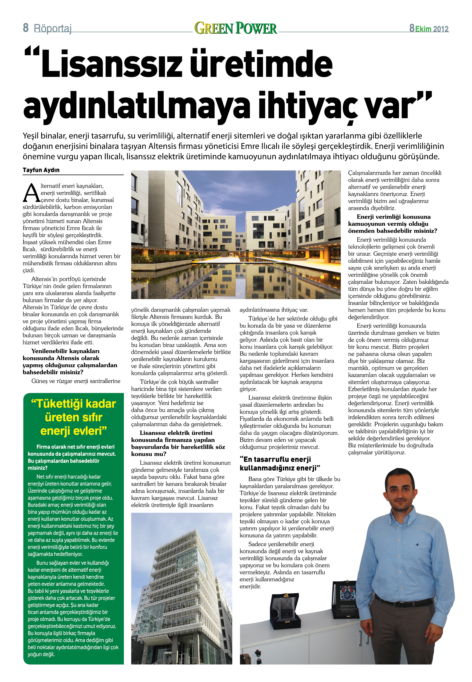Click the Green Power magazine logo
(236, 28)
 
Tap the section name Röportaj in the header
(53, 29)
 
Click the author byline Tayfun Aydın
(41, 170)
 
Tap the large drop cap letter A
(31, 193)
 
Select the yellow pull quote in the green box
(73, 417)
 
